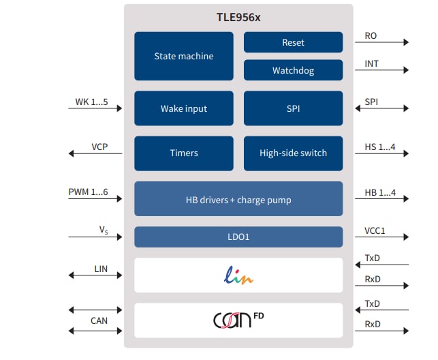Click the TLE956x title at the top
click(238, 18)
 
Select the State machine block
click(183, 56)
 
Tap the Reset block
click(293, 42)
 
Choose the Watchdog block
click(293, 70)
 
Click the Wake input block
click(183, 108)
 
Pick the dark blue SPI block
click(293, 108)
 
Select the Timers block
click(183, 153)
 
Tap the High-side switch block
click(293, 153)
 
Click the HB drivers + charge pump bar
click(238, 199)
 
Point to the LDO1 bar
click(238, 237)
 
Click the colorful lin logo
click(238, 276)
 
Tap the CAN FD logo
click(238, 320)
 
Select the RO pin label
click(371, 35)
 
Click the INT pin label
click(371, 64)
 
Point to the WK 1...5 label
click(91, 102)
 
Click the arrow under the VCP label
click(95, 153)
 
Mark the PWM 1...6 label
click(88, 192)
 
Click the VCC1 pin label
click(375, 231)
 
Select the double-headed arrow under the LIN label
click(95, 275)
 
